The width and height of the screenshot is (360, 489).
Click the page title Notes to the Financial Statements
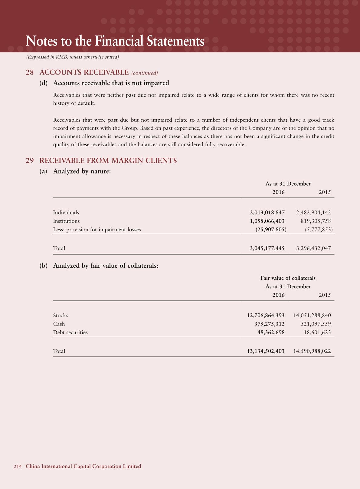pyautogui.click(x=115, y=41)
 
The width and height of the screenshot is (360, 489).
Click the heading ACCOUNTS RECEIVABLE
pyautogui.click(x=84, y=72)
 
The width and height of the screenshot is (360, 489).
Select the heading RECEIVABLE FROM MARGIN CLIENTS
pyautogui.click(x=108, y=160)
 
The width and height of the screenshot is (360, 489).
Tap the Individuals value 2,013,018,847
pyautogui.click(x=267, y=213)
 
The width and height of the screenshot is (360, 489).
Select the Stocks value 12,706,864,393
pyautogui.click(x=266, y=316)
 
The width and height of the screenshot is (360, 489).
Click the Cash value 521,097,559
pyautogui.click(x=316, y=324)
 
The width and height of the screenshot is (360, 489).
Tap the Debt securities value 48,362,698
pyautogui.click(x=271, y=332)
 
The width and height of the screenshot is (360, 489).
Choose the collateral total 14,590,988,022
pyautogui.click(x=312, y=351)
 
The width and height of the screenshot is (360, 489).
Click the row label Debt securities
pyautogui.click(x=70, y=332)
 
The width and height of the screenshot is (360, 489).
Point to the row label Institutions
pyautogui.click(x=66, y=221)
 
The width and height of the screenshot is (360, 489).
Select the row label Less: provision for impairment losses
pyautogui.click(x=97, y=230)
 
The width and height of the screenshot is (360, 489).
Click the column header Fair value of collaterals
pyautogui.click(x=288, y=278)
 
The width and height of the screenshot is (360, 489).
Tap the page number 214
pyautogui.click(x=18, y=467)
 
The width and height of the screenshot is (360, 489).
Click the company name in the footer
pyautogui.click(x=83, y=466)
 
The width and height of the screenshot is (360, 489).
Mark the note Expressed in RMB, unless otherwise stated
pyautogui.click(x=72, y=57)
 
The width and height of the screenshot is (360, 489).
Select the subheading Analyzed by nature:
pyautogui.click(x=82, y=171)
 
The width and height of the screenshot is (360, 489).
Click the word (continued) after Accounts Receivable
pyautogui.click(x=145, y=73)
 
